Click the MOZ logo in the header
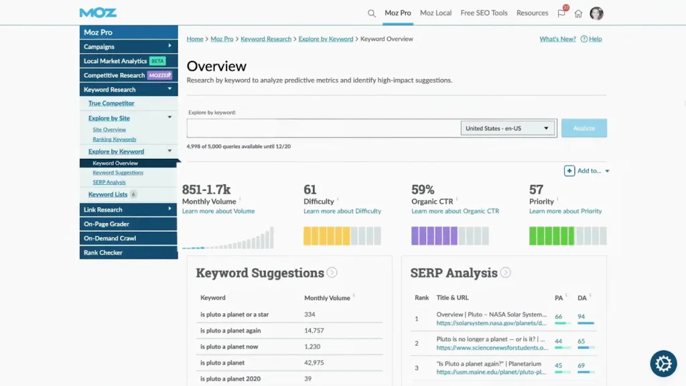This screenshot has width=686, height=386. [x=98, y=13]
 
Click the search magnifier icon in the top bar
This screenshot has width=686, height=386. [x=372, y=13]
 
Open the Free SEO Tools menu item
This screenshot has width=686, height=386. [x=484, y=13]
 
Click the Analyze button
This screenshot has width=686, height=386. [x=584, y=128]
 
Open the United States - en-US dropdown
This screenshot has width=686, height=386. [x=508, y=128]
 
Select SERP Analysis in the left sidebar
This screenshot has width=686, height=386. [x=109, y=182]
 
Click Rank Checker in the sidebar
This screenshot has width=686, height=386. [x=102, y=253]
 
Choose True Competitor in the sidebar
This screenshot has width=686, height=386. [x=111, y=103]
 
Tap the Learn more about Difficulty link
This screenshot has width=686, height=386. [x=342, y=211]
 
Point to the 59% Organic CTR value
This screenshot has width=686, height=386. [x=423, y=190]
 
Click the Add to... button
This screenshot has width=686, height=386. [x=586, y=171]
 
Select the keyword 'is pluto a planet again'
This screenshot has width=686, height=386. [x=230, y=330]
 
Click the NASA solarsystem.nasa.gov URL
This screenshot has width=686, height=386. [x=491, y=323]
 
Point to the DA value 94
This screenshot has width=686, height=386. [x=581, y=316]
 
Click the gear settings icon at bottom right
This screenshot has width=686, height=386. [x=663, y=364]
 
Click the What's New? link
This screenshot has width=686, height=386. [x=557, y=39]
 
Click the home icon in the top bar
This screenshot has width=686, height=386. [x=578, y=13]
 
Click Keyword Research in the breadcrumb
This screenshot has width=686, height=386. [x=266, y=39]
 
